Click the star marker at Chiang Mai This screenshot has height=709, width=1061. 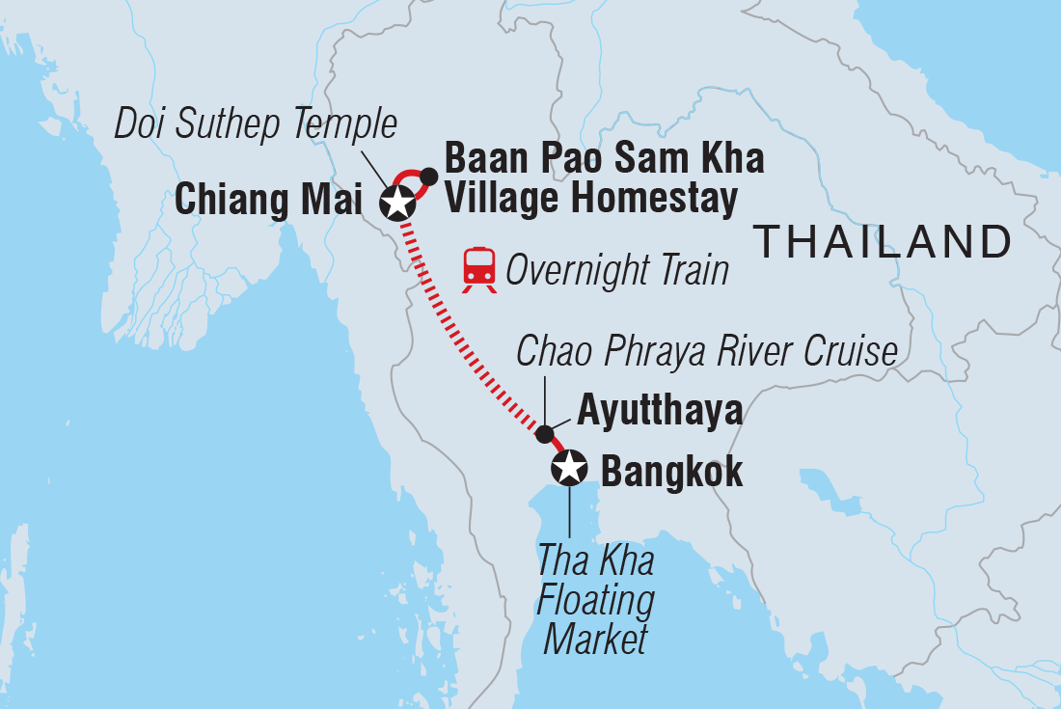pyautogui.click(x=396, y=203)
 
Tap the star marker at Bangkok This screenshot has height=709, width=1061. pyautogui.click(x=568, y=469)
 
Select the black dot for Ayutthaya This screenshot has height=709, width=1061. pyautogui.click(x=545, y=433)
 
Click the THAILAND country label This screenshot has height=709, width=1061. pyautogui.click(x=884, y=240)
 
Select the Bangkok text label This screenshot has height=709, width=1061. pyautogui.click(x=671, y=473)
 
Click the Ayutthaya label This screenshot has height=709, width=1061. pyautogui.click(x=660, y=411)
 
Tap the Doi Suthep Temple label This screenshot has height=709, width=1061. pyautogui.click(x=256, y=123)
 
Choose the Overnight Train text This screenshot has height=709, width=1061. pyautogui.click(x=617, y=271)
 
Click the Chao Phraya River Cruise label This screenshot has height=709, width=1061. pyautogui.click(x=707, y=352)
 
